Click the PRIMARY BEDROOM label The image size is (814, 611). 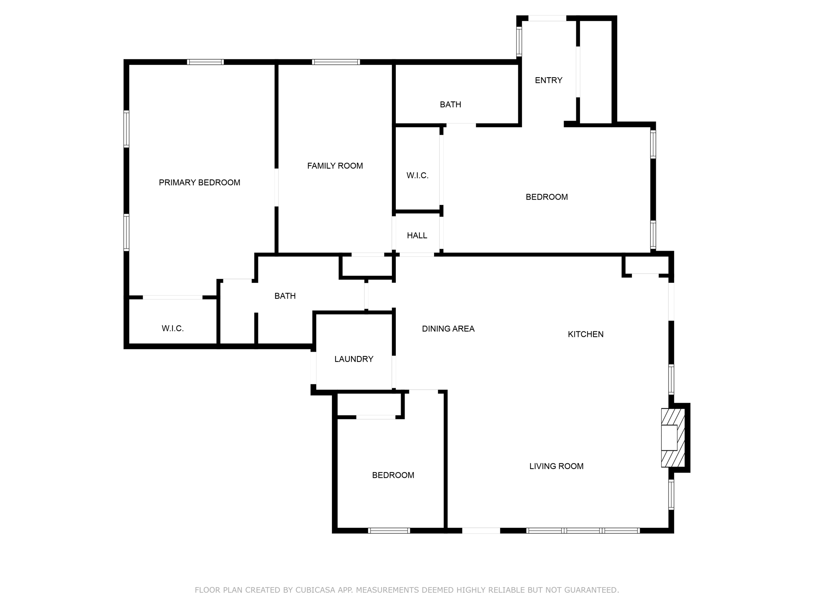tap(200, 183)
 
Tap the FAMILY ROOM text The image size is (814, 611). tap(335, 166)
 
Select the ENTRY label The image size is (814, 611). tap(548, 80)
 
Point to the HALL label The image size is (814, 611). tap(417, 235)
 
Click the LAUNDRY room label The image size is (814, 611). tap(354, 359)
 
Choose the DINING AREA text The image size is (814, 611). tap(448, 329)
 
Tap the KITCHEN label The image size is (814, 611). tap(585, 334)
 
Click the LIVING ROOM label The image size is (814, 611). tap(556, 466)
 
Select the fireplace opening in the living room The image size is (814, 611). tap(669, 438)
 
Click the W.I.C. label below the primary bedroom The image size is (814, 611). tap(172, 329)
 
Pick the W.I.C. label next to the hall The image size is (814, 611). tap(417, 175)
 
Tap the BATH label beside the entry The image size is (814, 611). tap(450, 105)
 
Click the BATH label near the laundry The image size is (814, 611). tap(285, 296)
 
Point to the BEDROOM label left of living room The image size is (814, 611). tap(393, 475)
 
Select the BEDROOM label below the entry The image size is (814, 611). tap(547, 197)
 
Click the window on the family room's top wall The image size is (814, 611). tap(336, 62)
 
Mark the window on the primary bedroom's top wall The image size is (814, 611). tap(205, 62)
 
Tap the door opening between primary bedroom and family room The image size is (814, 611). tap(276, 187)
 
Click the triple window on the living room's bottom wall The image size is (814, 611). tap(583, 530)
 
